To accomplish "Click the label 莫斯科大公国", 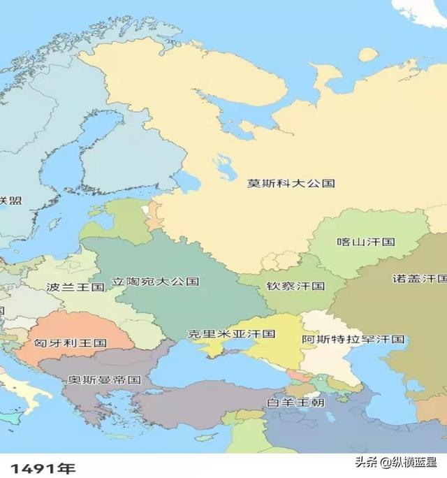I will (x=291, y=184).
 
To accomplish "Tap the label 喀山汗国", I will (x=365, y=242).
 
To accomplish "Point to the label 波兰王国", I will (x=75, y=287).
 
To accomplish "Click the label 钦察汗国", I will (x=295, y=287).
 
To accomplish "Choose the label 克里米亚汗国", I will (x=231, y=334).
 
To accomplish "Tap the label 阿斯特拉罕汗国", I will (x=353, y=340).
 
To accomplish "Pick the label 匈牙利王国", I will (x=71, y=344).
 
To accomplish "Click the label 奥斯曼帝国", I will (x=104, y=380).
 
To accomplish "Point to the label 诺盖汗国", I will (x=418, y=278).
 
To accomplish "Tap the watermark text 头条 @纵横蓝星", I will (x=395, y=461).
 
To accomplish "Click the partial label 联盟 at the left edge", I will (x=10, y=201).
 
